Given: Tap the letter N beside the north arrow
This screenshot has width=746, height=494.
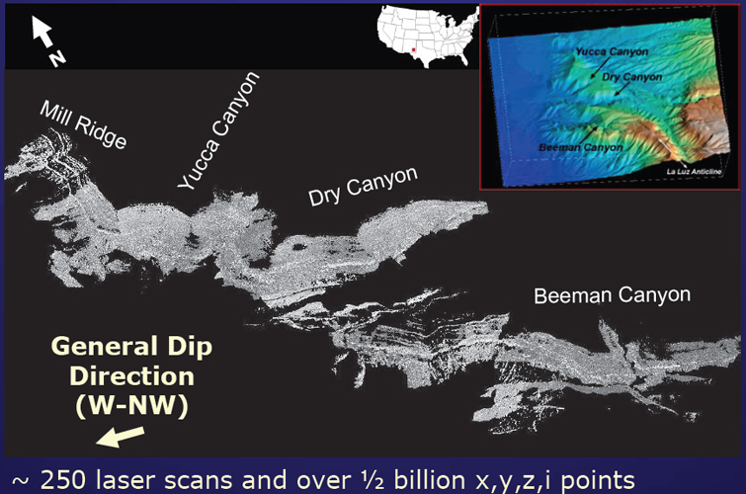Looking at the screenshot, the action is pos(57,58).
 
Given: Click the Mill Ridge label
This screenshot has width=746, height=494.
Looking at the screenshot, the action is pos(84,124).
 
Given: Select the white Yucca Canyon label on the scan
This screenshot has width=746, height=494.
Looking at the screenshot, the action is pos(218,130).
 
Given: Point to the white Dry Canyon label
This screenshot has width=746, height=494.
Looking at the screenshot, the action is pos(363,187).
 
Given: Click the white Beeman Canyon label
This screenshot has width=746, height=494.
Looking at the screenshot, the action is pos(613,295).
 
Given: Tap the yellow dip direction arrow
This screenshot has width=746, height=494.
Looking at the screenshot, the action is pos(120,437).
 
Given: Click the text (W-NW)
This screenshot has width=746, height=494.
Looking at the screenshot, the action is pos(131,406).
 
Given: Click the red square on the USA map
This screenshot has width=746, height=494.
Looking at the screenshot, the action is pos(413,49).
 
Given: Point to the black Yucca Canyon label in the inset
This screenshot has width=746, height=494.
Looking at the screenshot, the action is pos(612,51).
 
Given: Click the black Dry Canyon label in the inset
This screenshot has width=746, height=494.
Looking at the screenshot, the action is pos(631,77).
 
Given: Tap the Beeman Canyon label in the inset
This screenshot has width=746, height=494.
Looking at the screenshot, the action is pos(580,147).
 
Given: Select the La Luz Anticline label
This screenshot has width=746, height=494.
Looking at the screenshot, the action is pos(695,171).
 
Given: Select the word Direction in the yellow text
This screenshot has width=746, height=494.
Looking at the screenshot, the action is pos(131,376).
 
